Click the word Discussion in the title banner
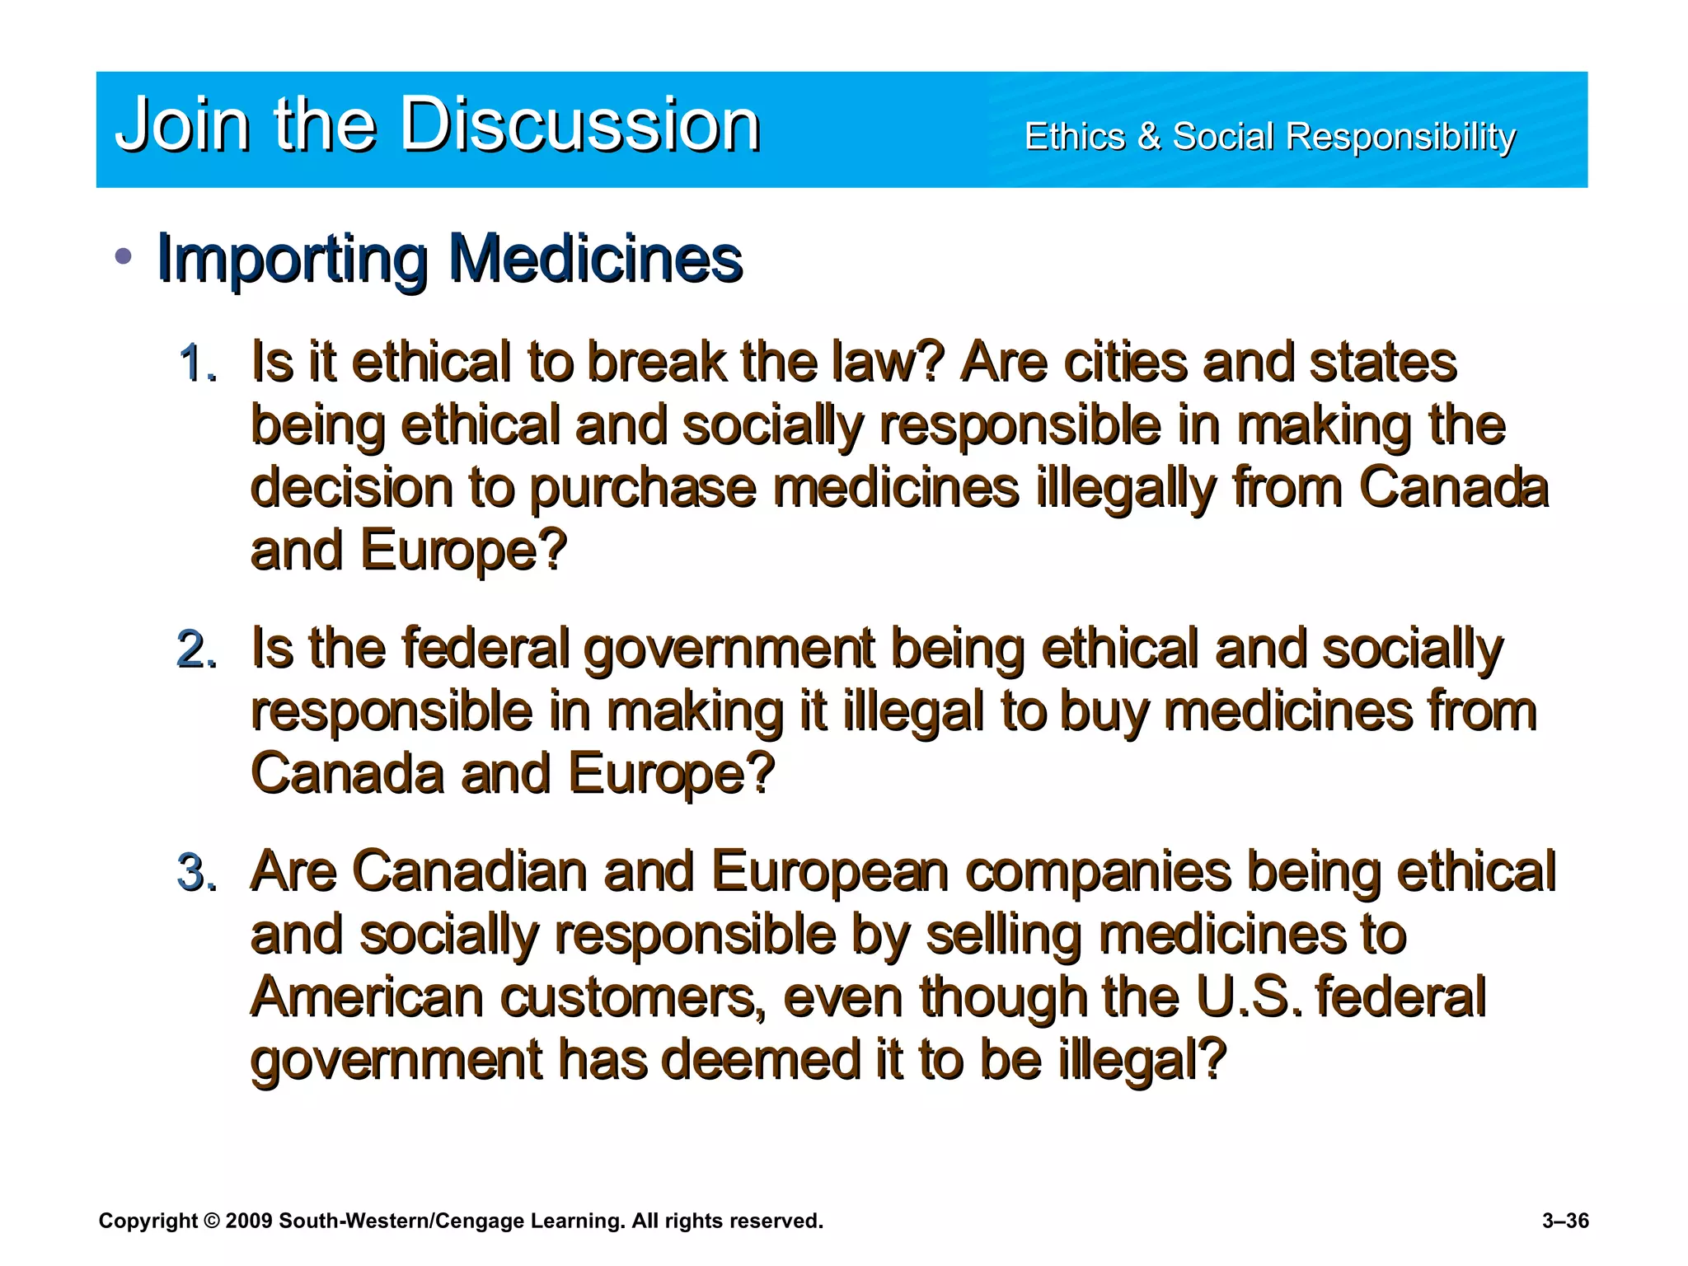pos(580,125)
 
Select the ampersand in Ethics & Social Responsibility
pos(1148,137)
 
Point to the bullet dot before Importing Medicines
pos(124,256)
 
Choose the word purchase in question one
pos(641,488)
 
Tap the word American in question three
pos(367,997)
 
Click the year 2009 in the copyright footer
pos(248,1221)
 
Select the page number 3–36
pos(1565,1221)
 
